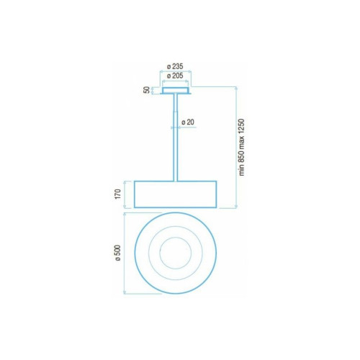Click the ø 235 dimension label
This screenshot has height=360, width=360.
[175, 66]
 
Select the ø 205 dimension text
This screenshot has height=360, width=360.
[175, 76]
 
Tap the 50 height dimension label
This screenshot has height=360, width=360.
[146, 90]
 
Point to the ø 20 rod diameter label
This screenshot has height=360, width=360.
[188, 122]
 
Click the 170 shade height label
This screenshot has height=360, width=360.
[118, 194]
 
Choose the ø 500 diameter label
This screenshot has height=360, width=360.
[118, 253]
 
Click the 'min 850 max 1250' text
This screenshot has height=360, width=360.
[241, 148]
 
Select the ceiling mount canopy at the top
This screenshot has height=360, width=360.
[176, 91]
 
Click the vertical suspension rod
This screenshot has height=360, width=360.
[176, 138]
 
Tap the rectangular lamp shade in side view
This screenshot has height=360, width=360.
[176, 194]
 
